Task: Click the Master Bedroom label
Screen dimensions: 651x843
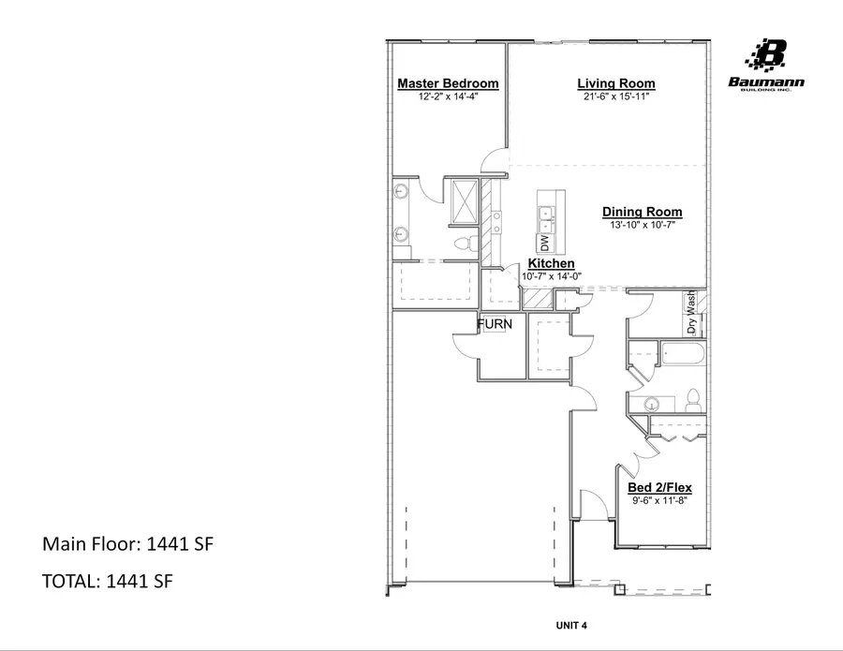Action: click(x=448, y=83)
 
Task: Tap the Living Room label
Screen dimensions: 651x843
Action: click(x=615, y=83)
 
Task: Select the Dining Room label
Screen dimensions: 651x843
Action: click(x=642, y=213)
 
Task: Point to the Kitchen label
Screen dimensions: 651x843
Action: click(x=552, y=264)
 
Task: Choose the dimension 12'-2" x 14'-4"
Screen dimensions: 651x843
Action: click(x=448, y=96)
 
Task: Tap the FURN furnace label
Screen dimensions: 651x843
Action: click(x=495, y=324)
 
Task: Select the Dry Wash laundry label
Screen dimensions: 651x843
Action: click(x=692, y=313)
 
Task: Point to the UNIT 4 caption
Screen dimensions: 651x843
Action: click(x=571, y=625)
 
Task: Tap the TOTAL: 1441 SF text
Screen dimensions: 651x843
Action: click(x=107, y=582)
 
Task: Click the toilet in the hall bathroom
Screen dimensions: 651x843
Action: click(x=692, y=399)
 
